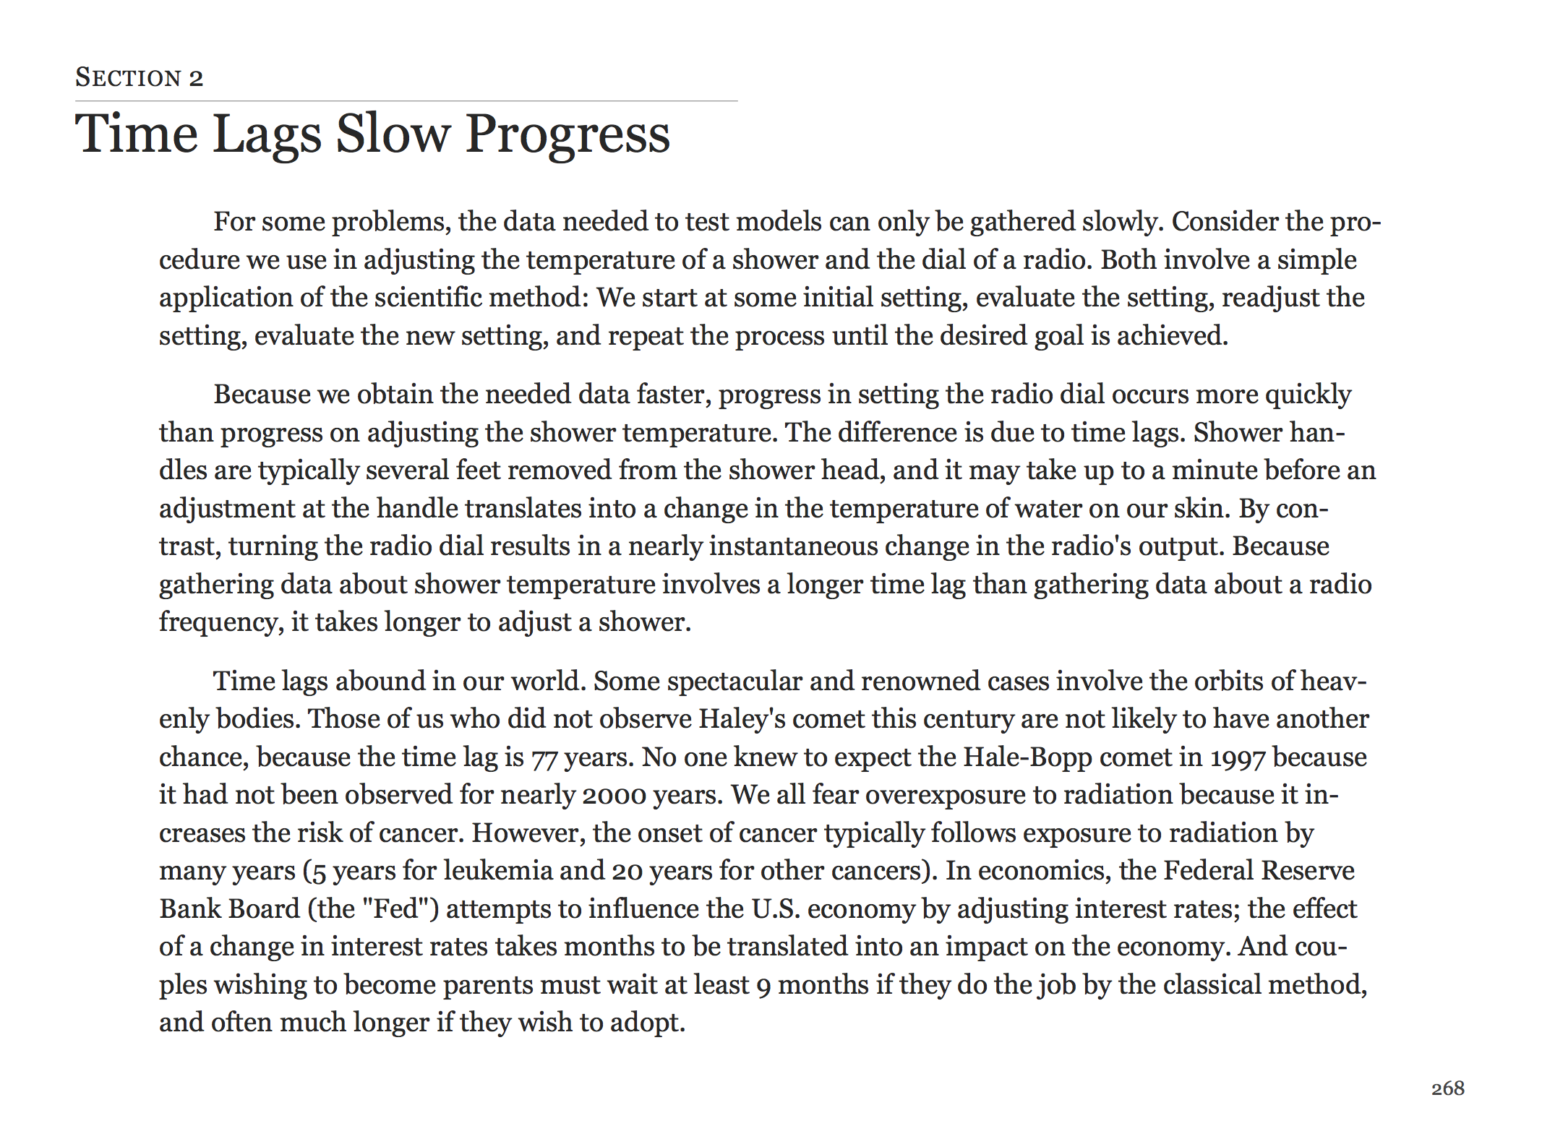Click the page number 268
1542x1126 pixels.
point(1447,1088)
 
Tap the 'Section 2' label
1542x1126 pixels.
point(140,77)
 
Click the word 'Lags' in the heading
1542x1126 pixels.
point(267,135)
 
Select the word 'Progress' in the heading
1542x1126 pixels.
point(567,135)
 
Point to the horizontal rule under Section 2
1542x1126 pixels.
point(406,101)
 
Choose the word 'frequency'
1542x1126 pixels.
point(220,622)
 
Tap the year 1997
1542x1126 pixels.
point(1238,757)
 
